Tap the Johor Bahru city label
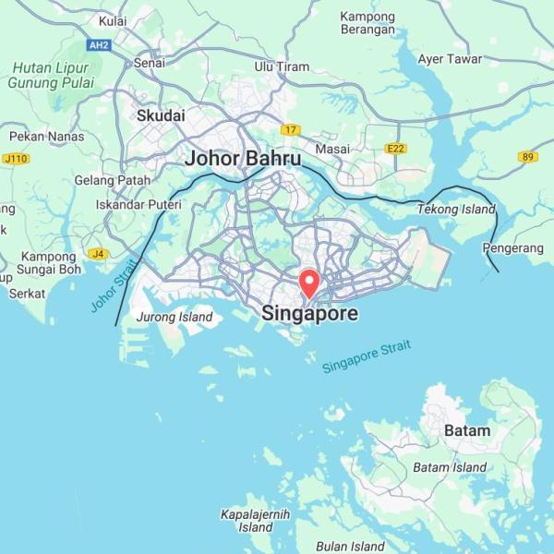pyautogui.click(x=243, y=159)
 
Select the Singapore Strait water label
pyautogui.click(x=367, y=357)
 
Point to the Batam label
pyautogui.click(x=467, y=431)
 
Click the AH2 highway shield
pyautogui.click(x=98, y=44)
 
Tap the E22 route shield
pyautogui.click(x=396, y=149)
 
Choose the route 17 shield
pyautogui.click(x=292, y=130)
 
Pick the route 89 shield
pyautogui.click(x=528, y=157)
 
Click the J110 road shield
pyautogui.click(x=17, y=159)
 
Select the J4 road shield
pyautogui.click(x=97, y=253)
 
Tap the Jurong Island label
pyautogui.click(x=175, y=318)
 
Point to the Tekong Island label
pyautogui.click(x=456, y=210)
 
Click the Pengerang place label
pyautogui.click(x=513, y=247)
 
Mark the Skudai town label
pyautogui.click(x=161, y=116)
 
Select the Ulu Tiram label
pyautogui.click(x=282, y=66)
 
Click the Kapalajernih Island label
pyautogui.click(x=255, y=521)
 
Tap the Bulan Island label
pyautogui.click(x=350, y=546)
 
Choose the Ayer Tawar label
pyautogui.click(x=450, y=59)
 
